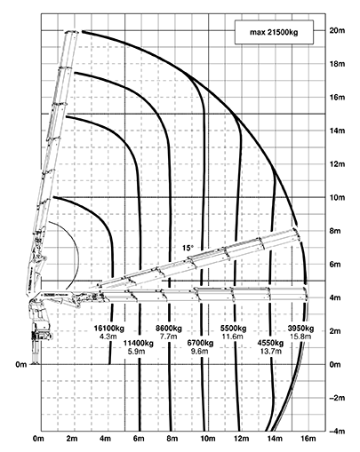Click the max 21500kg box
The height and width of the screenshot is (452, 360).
274,32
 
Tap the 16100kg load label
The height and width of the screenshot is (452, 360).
109,329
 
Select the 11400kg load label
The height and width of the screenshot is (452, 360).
139,344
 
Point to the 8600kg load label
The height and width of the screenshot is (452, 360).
169,329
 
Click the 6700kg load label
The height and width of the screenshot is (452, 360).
200,344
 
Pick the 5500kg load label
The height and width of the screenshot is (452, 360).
234,329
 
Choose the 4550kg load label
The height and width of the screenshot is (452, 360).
270,344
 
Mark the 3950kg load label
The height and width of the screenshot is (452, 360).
300,329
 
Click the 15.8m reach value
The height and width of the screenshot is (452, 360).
300,337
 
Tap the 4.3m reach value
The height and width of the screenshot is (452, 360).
109,337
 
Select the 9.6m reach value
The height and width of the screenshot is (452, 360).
200,352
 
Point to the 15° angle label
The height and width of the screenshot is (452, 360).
188,248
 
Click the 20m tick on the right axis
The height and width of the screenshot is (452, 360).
337,30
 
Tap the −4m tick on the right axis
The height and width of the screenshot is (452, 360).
337,432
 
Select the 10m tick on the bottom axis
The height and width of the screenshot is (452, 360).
208,439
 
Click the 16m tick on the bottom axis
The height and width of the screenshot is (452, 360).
308,439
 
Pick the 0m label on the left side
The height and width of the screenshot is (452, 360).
21,364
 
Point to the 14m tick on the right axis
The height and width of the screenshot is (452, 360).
337,131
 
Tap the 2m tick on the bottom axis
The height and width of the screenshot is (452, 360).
72,439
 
